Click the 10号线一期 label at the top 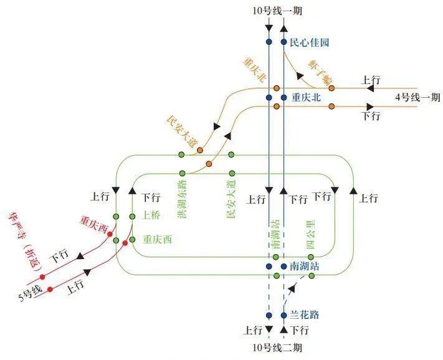tap(277, 10)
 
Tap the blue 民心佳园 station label tap(309, 43)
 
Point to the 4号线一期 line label tap(417, 97)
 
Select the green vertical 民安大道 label tap(232, 199)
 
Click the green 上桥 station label tap(151, 216)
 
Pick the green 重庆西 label tap(157, 238)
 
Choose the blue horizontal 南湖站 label tap(305, 266)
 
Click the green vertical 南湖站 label tap(276, 234)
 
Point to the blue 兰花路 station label tap(305, 315)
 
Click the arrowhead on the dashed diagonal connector tap(290, 289)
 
